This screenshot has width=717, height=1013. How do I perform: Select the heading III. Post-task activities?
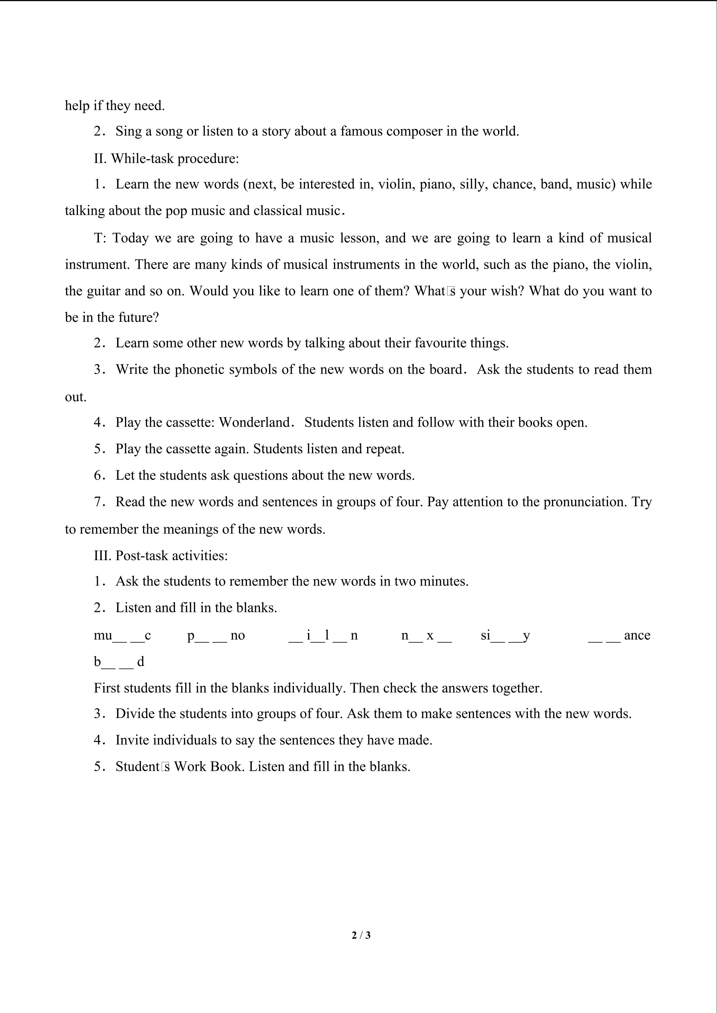tap(161, 555)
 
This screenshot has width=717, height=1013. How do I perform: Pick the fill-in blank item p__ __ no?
tap(216, 635)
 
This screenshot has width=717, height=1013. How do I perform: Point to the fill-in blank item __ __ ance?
tap(619, 635)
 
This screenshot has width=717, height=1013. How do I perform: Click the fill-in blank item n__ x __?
tap(426, 635)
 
